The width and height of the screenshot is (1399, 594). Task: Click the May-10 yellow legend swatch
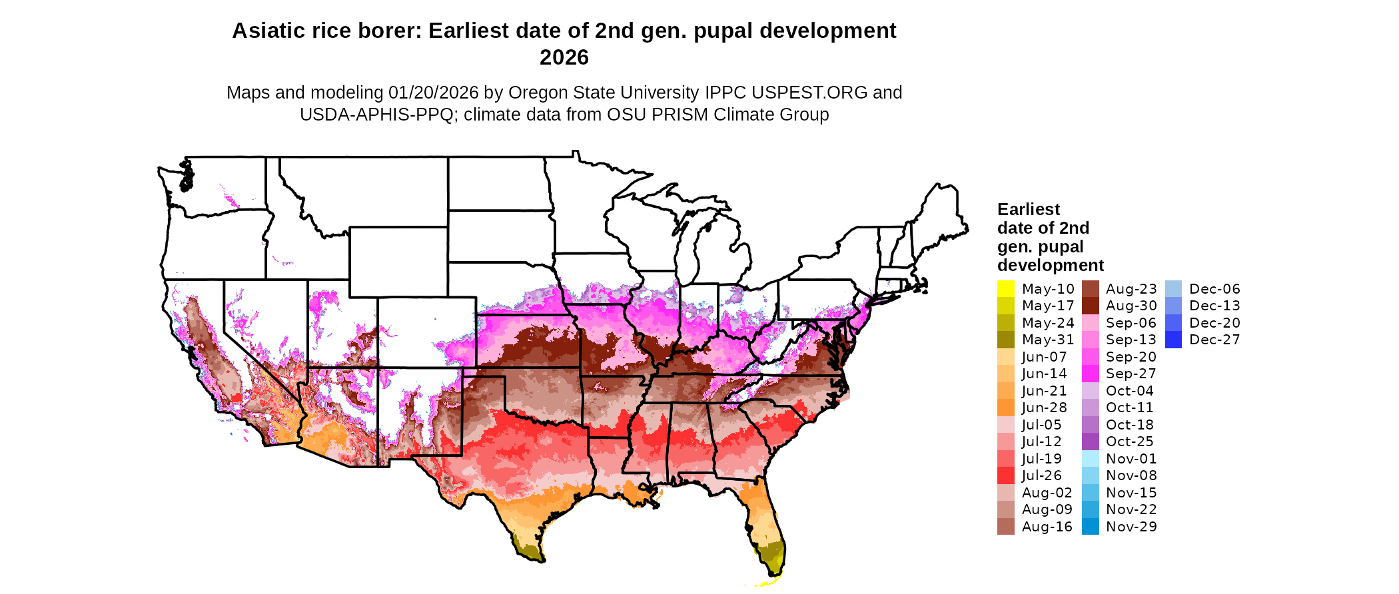click(x=1005, y=289)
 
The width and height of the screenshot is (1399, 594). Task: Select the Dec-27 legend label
click(x=1214, y=340)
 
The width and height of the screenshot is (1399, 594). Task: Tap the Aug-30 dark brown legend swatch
click(x=1090, y=306)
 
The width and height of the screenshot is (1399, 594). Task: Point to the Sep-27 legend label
click(x=1131, y=374)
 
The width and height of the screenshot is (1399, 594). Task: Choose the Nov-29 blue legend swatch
click(x=1090, y=527)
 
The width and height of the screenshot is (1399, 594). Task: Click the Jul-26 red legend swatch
click(x=1005, y=475)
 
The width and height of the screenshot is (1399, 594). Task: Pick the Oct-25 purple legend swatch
click(x=1090, y=442)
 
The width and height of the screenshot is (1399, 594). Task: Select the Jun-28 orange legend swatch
click(x=1005, y=408)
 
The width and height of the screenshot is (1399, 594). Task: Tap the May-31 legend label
click(x=1048, y=340)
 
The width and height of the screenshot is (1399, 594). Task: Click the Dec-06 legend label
click(x=1214, y=289)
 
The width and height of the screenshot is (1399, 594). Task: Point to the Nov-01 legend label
click(x=1131, y=459)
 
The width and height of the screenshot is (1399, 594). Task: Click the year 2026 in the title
click(x=564, y=57)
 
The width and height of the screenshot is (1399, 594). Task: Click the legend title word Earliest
click(x=1028, y=209)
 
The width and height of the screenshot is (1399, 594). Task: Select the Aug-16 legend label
click(x=1047, y=527)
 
